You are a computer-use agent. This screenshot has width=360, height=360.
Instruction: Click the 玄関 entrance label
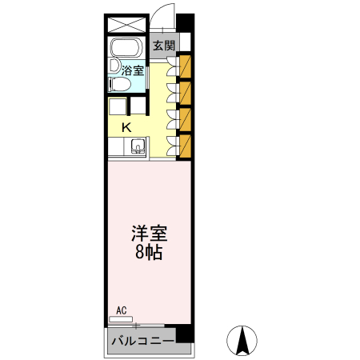pos(164,45)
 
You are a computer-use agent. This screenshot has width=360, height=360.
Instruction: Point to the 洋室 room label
pos(150,234)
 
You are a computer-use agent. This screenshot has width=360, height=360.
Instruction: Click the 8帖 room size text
pos(150,254)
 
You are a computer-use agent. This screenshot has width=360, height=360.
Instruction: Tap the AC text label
pos(122,310)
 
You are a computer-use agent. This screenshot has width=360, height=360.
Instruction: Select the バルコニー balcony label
pos(142,342)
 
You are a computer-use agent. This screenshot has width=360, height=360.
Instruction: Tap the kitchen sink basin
pos(137,146)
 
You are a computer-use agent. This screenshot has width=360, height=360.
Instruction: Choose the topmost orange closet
pos(186,65)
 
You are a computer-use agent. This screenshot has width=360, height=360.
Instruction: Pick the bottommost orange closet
pos(186,145)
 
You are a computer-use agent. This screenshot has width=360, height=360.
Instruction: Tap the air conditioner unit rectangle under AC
pos(121,318)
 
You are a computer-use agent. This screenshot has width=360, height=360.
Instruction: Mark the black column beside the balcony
pos(185,331)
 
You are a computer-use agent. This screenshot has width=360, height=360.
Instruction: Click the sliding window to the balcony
pos(136,326)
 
